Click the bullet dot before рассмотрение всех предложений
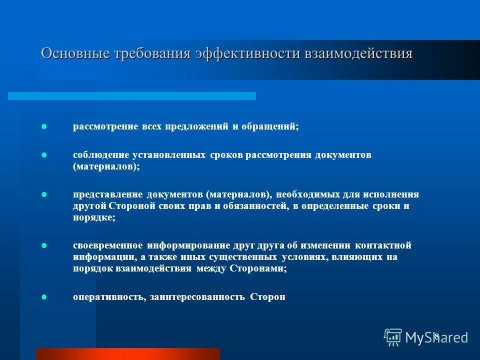(x=43, y=127)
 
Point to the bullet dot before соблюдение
(x=43, y=155)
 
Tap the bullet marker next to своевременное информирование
(x=43, y=245)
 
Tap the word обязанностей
(x=253, y=206)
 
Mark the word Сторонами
(x=258, y=268)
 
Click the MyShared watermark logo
(x=425, y=337)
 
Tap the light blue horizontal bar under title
(x=132, y=95)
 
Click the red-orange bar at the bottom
(x=128, y=353)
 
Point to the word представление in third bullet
(x=107, y=194)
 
